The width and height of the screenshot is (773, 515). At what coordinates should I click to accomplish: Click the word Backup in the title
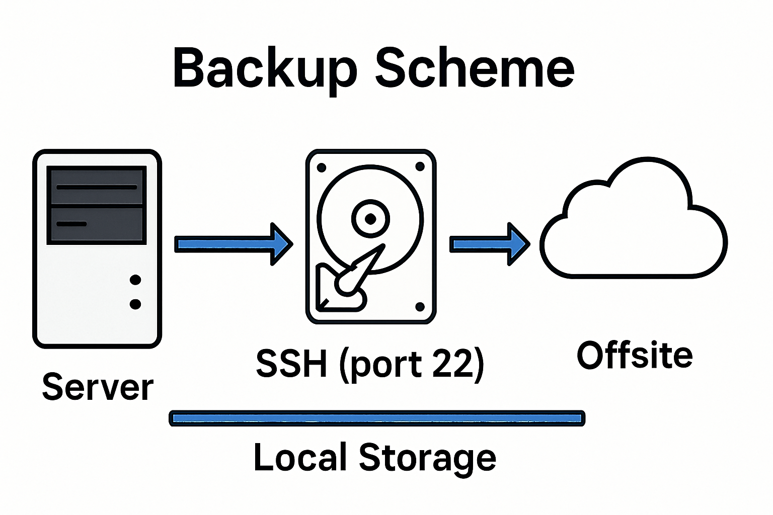pos(265,68)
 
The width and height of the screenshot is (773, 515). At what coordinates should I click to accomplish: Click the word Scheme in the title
pos(474,68)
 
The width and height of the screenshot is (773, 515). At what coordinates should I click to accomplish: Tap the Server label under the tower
pos(98,387)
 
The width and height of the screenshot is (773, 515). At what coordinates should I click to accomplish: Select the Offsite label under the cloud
pos(635,355)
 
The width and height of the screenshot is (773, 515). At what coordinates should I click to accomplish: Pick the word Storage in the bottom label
pos(427,458)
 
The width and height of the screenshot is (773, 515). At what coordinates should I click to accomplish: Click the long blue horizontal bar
pos(377,418)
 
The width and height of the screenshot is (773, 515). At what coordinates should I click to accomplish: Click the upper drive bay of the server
pos(97,187)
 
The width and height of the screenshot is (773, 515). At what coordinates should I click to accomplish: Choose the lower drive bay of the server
pos(97,224)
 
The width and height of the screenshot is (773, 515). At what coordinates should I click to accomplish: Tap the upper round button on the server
pos(135,280)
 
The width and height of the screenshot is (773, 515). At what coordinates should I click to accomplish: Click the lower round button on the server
pos(135,304)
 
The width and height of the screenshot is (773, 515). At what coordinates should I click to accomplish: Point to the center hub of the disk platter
pos(370,219)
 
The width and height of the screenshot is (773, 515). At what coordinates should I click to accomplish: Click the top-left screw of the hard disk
pos(322,168)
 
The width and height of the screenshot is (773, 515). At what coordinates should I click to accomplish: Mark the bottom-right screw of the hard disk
pos(420,307)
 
